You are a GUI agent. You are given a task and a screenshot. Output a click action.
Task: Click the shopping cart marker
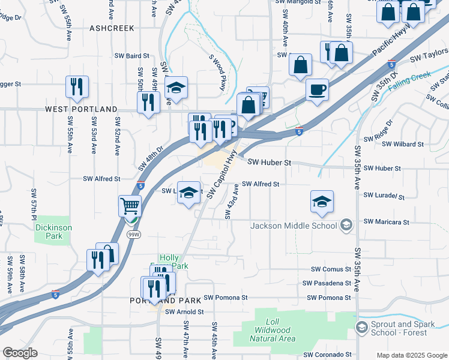click(130, 206)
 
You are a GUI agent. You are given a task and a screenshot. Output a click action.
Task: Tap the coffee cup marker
click(317, 90)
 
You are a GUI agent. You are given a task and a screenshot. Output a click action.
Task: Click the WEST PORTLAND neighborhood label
click(81, 109)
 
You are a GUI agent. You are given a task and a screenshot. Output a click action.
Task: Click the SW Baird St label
click(133, 56)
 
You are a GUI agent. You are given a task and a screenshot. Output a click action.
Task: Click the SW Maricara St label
click(387, 222)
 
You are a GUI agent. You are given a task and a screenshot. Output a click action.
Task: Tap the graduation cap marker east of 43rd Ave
click(322, 202)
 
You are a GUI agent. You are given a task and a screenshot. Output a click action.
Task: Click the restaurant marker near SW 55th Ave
click(77, 87)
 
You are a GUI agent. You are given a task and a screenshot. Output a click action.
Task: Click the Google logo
click(20, 353)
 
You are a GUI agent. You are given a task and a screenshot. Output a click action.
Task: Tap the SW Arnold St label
click(185, 312)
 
